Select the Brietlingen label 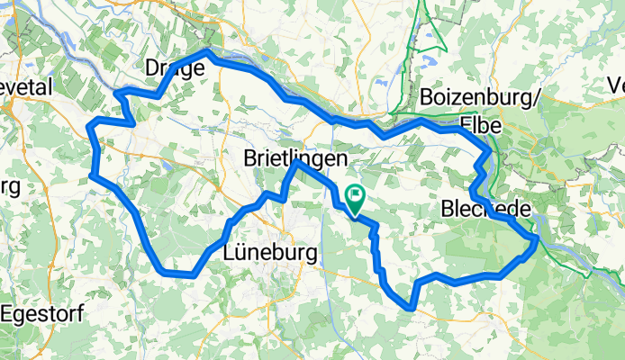[x=296, y=157]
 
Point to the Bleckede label [x=487, y=209]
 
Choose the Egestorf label [x=38, y=314]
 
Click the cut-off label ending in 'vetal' [x=27, y=87]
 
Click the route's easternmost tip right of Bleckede [x=537, y=239]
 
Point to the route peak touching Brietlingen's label [x=295, y=166]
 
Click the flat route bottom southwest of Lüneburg [x=177, y=273]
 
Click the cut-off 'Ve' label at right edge [x=615, y=86]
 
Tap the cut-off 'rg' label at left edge [x=9, y=186]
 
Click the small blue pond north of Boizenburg [x=425, y=66]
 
